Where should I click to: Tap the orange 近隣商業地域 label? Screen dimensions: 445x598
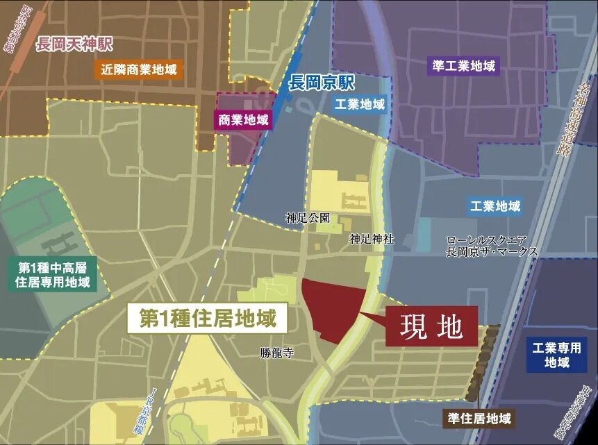coord(139,69)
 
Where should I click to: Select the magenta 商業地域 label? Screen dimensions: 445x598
coord(243,119)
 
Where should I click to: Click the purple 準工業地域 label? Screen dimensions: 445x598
coord(463,67)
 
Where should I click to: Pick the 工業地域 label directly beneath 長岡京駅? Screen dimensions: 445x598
coord(360,104)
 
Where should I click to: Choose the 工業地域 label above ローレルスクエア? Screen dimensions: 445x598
coord(495,206)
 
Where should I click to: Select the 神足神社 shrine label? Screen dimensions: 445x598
coord(372,239)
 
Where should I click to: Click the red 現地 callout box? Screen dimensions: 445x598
coord(431,326)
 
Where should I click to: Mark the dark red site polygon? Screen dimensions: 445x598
coord(333,309)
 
